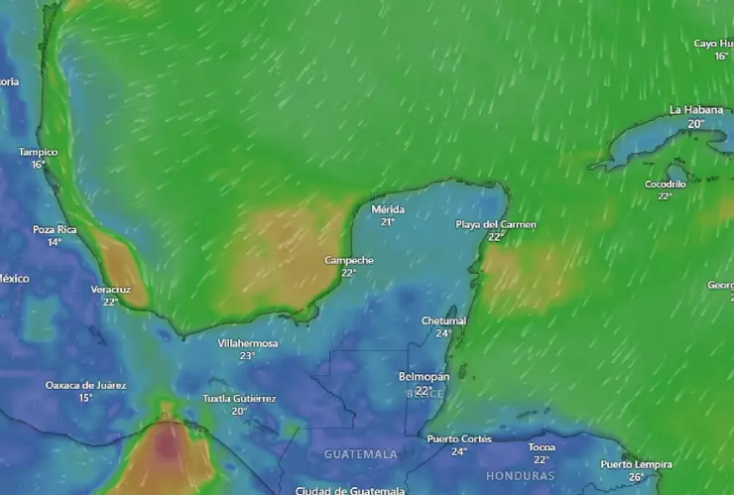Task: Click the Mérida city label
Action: pos(388,209)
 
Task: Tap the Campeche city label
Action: pos(349,260)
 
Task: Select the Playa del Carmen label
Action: pos(496,224)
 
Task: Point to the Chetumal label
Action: pos(443,320)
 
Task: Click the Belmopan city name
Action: pos(424,377)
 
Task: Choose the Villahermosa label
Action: pos(248,343)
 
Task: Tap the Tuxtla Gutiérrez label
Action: pos(239,399)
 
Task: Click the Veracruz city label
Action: pos(110,289)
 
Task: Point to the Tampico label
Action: pos(38,152)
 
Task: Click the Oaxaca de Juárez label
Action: pos(85,385)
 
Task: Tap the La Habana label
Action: pos(695,110)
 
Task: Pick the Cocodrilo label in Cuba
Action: pos(666,184)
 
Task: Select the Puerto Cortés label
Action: pos(459,438)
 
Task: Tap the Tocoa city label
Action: pos(542,446)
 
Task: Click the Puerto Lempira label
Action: pos(636,464)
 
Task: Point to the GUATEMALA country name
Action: pos(361,454)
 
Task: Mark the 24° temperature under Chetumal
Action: pos(443,333)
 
